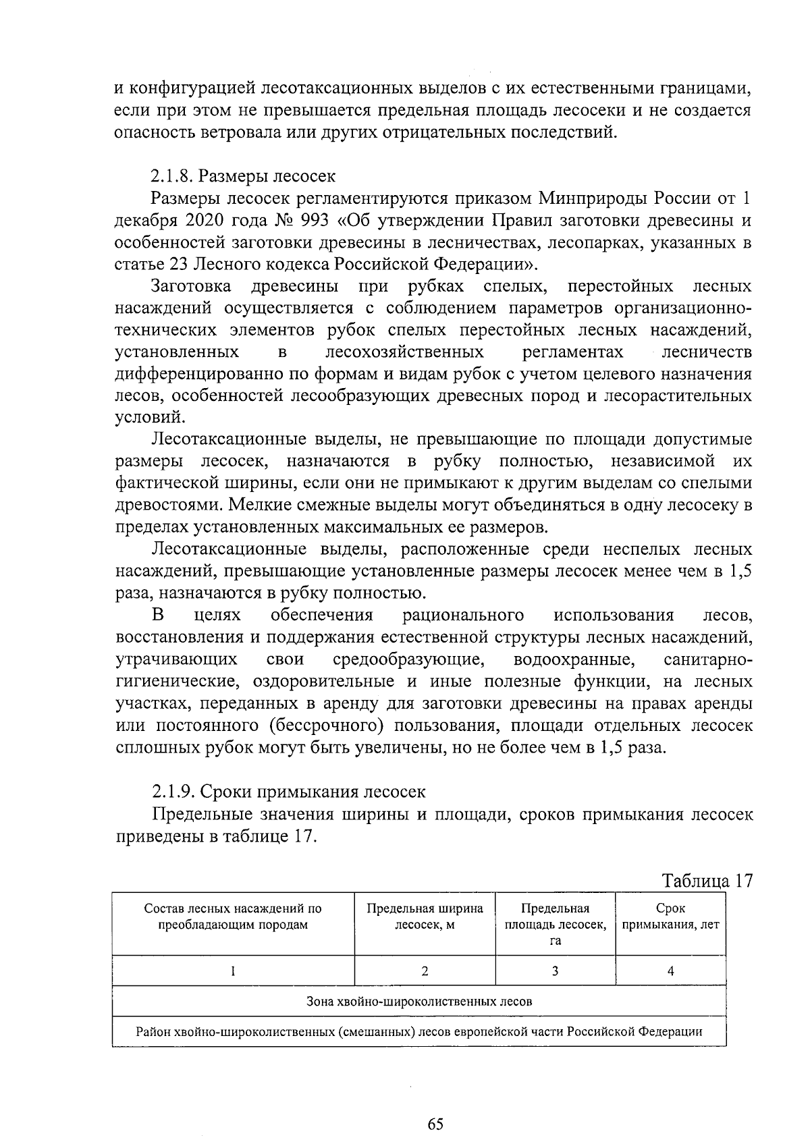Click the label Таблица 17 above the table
point(707,881)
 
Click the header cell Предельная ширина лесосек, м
point(425,917)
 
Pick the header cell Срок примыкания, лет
point(670,917)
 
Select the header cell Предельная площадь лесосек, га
point(555,925)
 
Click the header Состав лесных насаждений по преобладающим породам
point(233,917)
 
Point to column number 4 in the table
point(670,971)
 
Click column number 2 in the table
point(425,971)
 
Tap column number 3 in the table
point(555,971)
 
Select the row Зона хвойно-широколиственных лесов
point(418,1002)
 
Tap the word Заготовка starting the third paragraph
point(192,286)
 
